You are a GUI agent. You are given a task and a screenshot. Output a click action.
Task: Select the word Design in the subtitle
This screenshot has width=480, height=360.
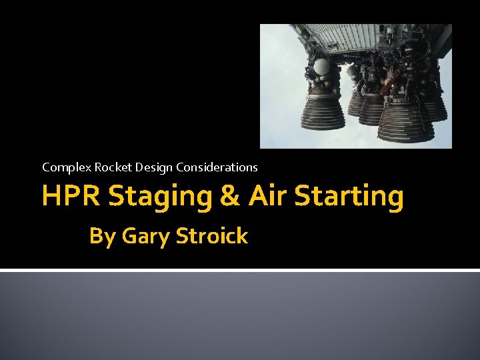pos(147,167)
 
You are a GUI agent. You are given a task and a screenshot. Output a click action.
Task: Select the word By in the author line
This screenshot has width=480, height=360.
pos(102,236)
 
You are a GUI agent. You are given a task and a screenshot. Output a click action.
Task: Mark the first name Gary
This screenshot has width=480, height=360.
pos(143,236)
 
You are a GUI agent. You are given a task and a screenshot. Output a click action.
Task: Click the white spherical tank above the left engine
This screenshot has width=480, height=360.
pos(321,67)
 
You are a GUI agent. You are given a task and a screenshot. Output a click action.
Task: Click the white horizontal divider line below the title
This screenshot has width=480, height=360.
pos(240,270)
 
